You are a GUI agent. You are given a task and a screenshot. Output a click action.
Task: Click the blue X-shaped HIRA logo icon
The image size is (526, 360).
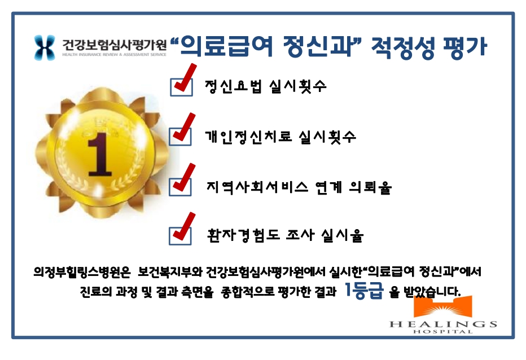coord(45,47)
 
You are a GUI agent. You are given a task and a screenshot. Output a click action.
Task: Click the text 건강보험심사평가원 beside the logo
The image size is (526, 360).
coord(114,45)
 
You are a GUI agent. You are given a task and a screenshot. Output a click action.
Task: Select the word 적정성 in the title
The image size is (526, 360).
coord(403,47)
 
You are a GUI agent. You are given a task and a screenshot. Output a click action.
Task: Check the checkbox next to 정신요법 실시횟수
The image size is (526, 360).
coord(181,87)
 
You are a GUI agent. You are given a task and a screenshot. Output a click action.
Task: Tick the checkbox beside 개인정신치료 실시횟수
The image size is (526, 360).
coord(180,137)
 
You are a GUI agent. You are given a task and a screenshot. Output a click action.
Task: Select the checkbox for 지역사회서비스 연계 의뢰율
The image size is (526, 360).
coord(180,187)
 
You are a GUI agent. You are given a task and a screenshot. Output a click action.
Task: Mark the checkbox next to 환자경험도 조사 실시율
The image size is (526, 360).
coord(180,236)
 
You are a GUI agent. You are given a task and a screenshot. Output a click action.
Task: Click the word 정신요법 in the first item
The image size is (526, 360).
coord(233,86)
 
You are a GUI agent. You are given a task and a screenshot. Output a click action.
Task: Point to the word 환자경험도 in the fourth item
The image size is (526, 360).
coord(244,235)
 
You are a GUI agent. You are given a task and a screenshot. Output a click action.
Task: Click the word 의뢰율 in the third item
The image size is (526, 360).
coord(370,187)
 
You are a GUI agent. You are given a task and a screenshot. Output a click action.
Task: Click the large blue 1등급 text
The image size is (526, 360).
coord(364,290)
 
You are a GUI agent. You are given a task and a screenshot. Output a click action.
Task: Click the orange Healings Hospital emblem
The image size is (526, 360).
coord(443,306)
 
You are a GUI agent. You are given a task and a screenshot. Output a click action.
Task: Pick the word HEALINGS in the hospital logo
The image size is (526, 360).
coord(443,324)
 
